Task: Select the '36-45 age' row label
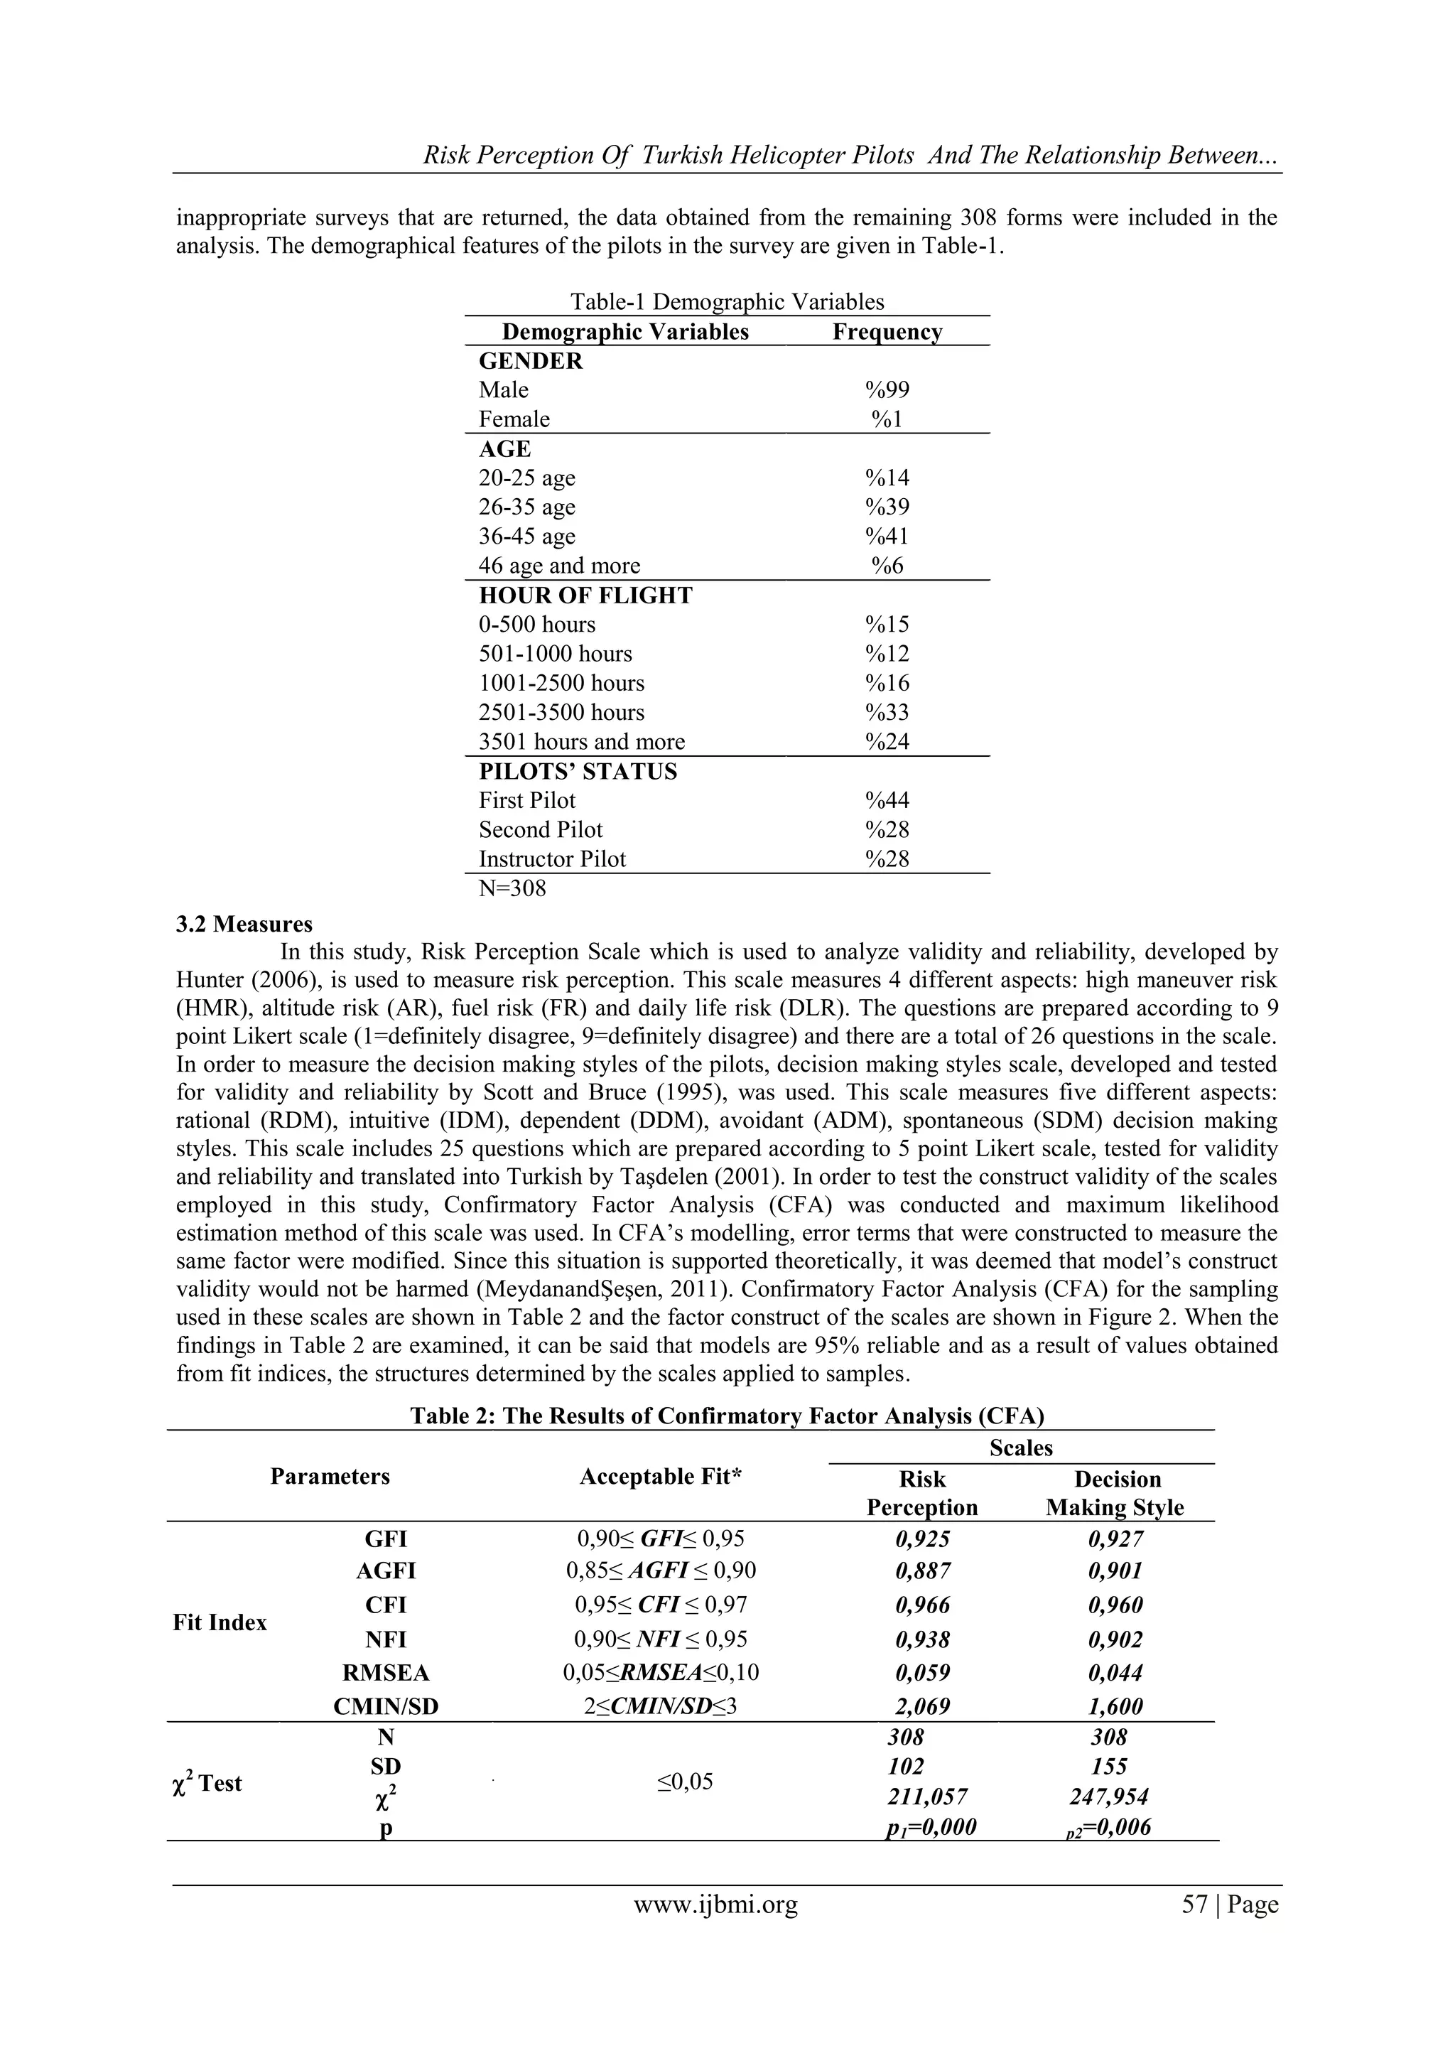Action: pyautogui.click(x=527, y=536)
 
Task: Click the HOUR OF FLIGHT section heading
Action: pyautogui.click(x=585, y=596)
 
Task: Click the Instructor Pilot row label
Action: pyautogui.click(x=552, y=858)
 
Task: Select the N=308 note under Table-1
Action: pyautogui.click(x=512, y=888)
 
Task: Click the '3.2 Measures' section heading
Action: pyautogui.click(x=244, y=924)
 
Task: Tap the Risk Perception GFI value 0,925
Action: pyautogui.click(x=923, y=1539)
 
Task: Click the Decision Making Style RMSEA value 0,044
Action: pyautogui.click(x=1115, y=1673)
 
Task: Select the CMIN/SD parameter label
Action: pyautogui.click(x=386, y=1707)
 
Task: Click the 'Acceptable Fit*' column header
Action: pyautogui.click(x=661, y=1476)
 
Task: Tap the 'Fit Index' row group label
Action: pyautogui.click(x=220, y=1622)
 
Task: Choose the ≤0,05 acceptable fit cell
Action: pyautogui.click(x=686, y=1781)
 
